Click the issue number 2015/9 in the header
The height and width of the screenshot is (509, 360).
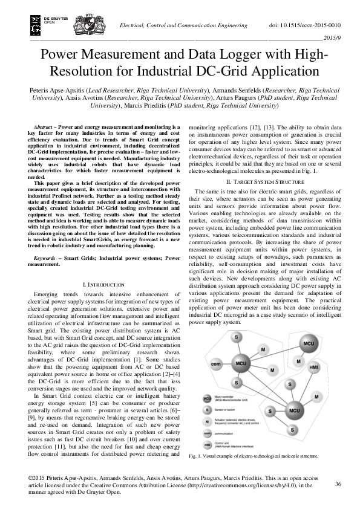tap(334, 37)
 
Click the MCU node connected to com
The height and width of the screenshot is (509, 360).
tap(241, 363)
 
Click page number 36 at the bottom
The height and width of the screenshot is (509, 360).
tap(338, 484)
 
